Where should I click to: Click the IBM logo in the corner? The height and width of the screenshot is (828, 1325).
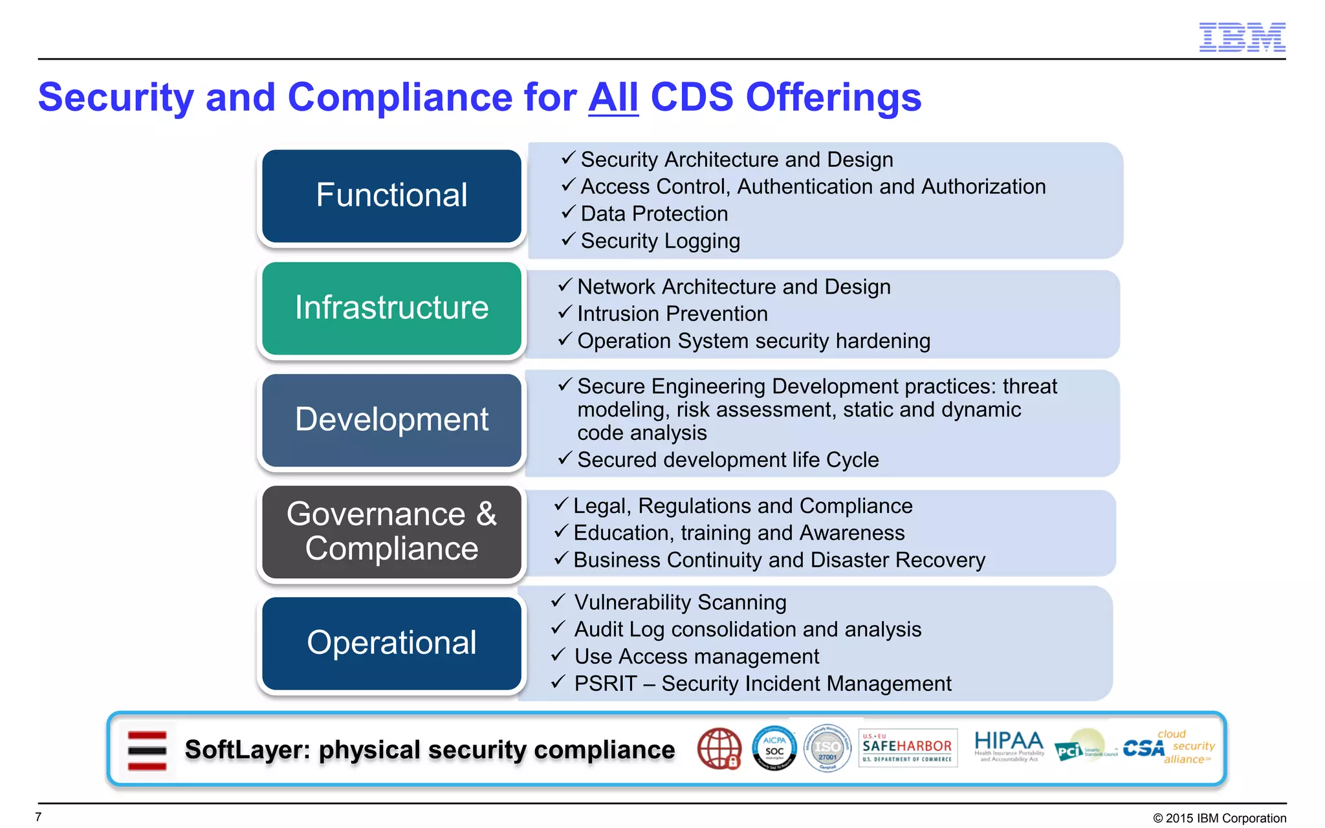point(1242,37)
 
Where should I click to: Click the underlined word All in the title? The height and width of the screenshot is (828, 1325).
point(613,98)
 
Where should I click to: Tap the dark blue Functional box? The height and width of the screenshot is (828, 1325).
point(391,195)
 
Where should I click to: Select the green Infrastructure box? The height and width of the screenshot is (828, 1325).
point(391,308)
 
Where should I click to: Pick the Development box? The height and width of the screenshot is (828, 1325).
point(391,420)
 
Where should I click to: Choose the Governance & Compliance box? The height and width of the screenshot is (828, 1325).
point(391,532)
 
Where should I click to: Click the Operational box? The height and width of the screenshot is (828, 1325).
point(391,643)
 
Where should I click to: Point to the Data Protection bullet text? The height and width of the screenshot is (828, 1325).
point(653,213)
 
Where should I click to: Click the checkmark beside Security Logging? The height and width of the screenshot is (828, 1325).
point(567,239)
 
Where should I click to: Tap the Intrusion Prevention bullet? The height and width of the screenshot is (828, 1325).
point(672,314)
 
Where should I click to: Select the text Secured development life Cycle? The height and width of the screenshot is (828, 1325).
point(727,460)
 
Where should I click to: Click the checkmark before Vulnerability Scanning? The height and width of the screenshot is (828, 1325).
point(558,601)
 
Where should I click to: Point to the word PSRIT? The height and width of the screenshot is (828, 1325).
point(605,684)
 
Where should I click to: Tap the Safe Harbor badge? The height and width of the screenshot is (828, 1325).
point(907,748)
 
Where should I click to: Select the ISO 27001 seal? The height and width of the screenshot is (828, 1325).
point(827,748)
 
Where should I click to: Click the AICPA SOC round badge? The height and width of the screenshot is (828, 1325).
point(774,748)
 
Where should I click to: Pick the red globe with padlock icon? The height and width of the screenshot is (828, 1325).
point(719,748)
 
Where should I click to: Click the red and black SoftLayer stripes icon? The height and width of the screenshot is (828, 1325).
point(147,750)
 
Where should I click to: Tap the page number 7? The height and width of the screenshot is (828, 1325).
point(39,817)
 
